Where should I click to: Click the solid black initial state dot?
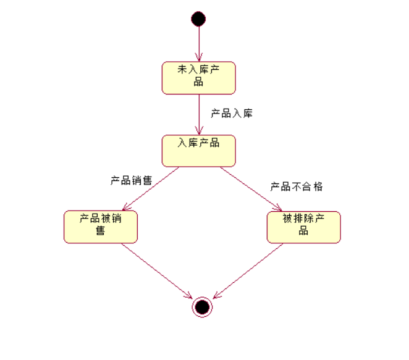pyautogui.click(x=198, y=19)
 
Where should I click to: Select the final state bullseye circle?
pyautogui.click(x=202, y=306)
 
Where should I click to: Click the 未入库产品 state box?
pyautogui.click(x=198, y=77)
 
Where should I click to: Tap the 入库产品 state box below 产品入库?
pyautogui.click(x=198, y=151)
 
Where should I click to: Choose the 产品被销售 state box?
pyautogui.click(x=101, y=227)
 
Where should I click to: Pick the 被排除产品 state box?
pyautogui.click(x=303, y=227)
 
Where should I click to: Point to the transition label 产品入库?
pyautogui.click(x=232, y=114)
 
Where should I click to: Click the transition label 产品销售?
pyautogui.click(x=131, y=180)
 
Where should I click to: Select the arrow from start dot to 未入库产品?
pyautogui.click(x=198, y=43)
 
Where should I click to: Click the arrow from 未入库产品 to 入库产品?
pyautogui.click(x=198, y=114)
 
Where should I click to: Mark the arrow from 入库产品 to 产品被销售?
pyautogui.click(x=152, y=188)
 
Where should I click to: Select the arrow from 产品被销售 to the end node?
pyautogui.click(x=157, y=270)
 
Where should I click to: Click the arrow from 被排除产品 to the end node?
pyautogui.click(x=247, y=270)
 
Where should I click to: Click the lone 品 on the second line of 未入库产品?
pyautogui.click(x=198, y=82)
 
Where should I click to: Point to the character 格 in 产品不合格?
pyautogui.click(x=318, y=186)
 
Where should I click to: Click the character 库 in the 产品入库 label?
pyautogui.click(x=247, y=114)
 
